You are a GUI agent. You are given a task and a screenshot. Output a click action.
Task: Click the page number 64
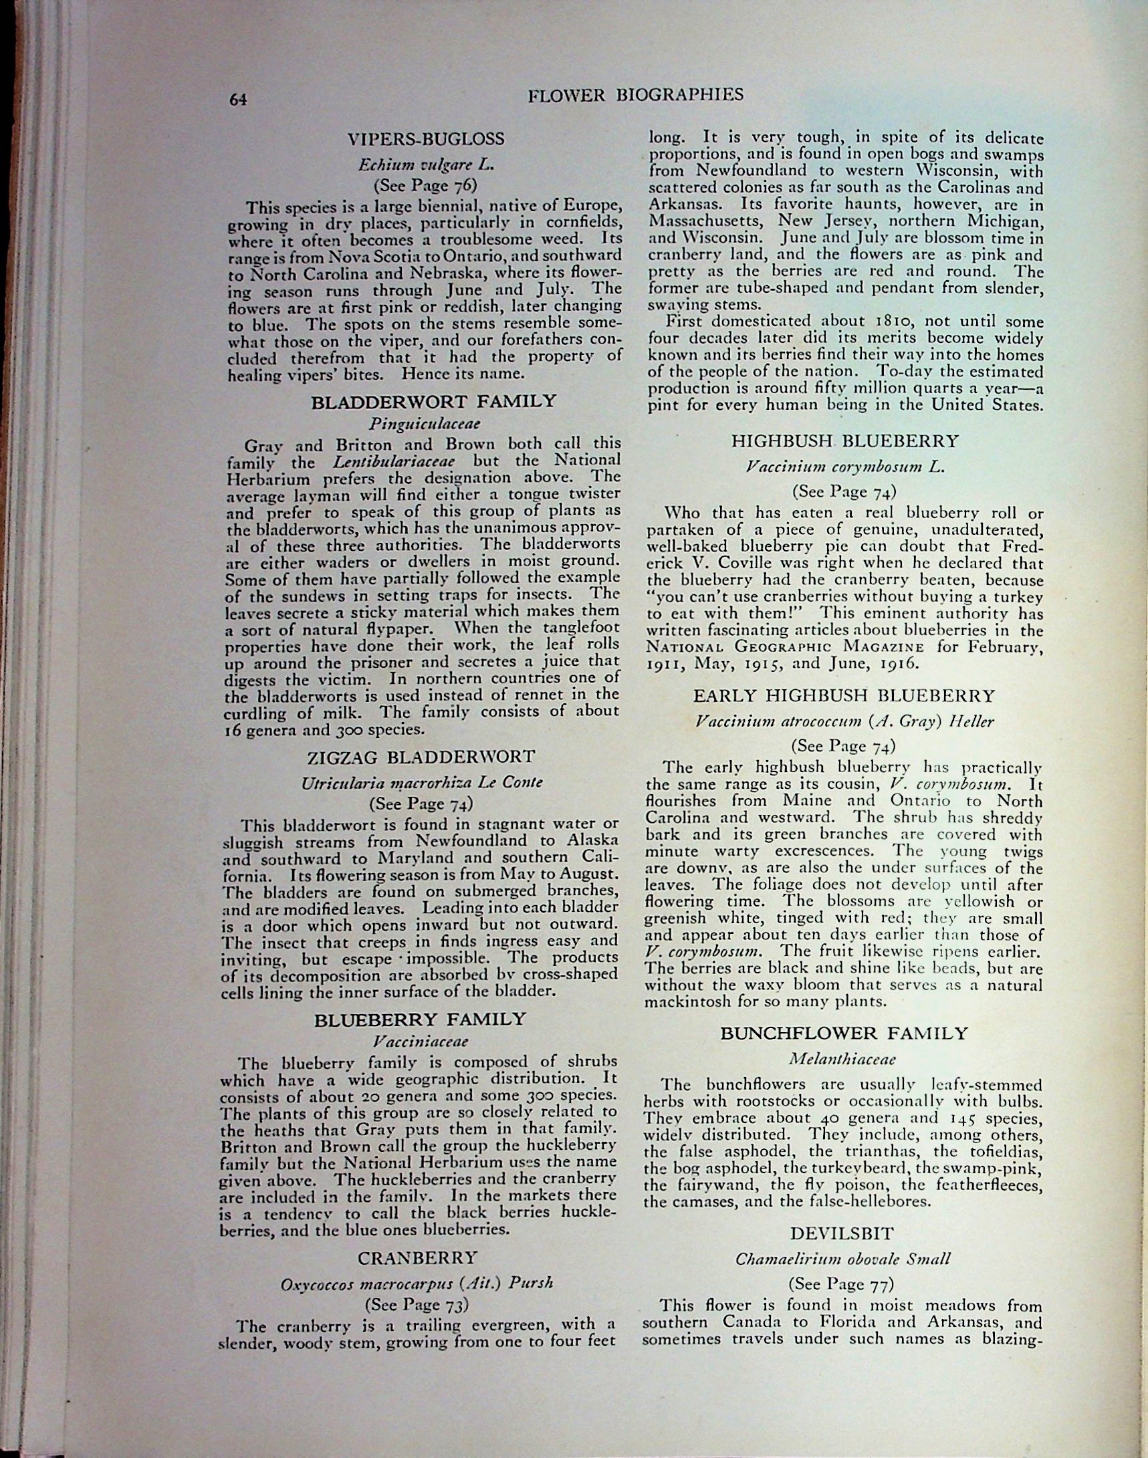pyautogui.click(x=239, y=100)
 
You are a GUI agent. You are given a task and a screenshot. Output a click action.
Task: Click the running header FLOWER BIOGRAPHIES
pyautogui.click(x=636, y=95)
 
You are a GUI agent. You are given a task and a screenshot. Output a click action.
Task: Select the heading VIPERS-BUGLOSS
pyautogui.click(x=425, y=140)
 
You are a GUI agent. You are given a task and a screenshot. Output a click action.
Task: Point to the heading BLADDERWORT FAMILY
pyautogui.click(x=433, y=402)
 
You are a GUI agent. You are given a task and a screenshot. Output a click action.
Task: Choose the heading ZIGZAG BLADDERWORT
pyautogui.click(x=421, y=757)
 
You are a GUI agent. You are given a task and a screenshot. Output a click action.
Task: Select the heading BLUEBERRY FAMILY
pyautogui.click(x=420, y=1019)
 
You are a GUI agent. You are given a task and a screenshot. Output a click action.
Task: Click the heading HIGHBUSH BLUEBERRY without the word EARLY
pyautogui.click(x=845, y=441)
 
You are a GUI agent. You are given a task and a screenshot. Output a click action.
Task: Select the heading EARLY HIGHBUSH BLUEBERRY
pyautogui.click(x=844, y=695)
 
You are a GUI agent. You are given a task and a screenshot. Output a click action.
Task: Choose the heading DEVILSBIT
pyautogui.click(x=842, y=1233)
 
